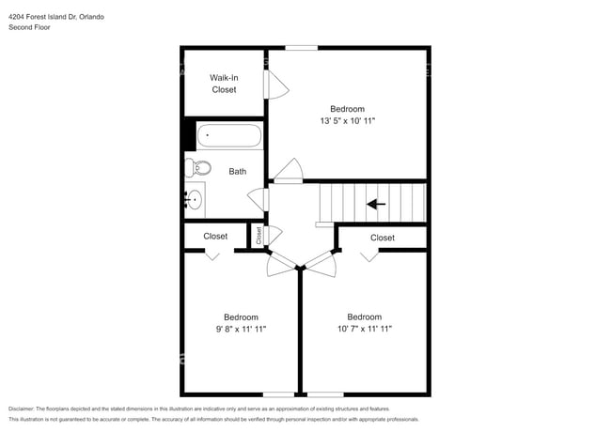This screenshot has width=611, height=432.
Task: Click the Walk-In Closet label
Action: point(223,84)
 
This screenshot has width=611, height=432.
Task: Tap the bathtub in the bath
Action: point(229,137)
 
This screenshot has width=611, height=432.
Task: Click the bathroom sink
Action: point(195,199)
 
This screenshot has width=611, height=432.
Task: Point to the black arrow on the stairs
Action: point(377,203)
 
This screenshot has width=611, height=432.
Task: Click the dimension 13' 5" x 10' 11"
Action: point(347,121)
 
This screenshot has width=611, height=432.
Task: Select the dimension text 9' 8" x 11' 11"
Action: point(241,329)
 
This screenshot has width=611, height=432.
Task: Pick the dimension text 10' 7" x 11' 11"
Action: point(364,329)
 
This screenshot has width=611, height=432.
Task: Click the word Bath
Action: point(237,171)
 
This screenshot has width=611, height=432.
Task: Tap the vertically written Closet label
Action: point(258,236)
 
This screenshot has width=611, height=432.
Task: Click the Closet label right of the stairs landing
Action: point(383,238)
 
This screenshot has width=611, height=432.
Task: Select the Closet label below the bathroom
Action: point(215,237)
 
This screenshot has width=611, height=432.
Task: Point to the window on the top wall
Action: point(301,48)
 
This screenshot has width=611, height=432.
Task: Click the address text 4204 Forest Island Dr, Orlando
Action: point(56,16)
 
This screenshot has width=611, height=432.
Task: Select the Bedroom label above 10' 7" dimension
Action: point(364,316)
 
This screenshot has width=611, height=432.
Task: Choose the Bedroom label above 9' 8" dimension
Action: point(241,316)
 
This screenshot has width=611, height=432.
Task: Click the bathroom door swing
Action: point(256,199)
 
